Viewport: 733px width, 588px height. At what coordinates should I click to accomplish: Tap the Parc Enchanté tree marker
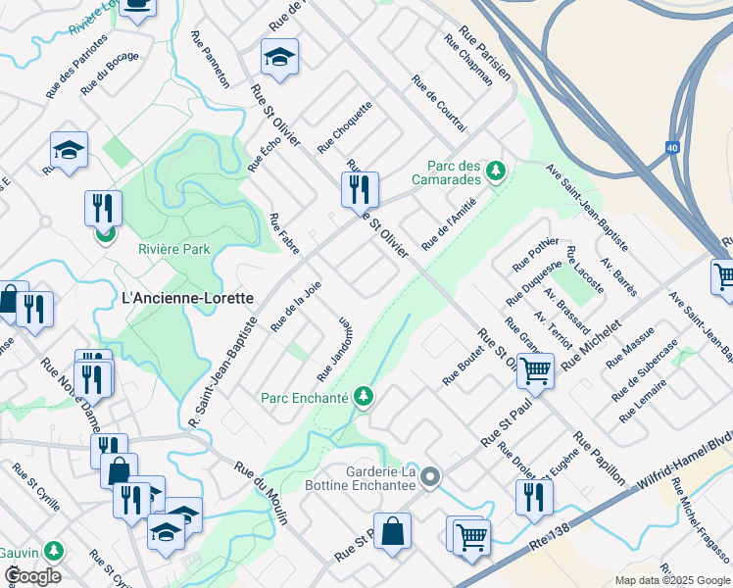tap(365, 397)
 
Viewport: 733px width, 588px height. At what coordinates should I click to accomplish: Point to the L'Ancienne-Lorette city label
tap(186, 297)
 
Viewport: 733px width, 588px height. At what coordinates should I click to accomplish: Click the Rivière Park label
tap(173, 249)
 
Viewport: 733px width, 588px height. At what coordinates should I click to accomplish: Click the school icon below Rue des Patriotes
tap(69, 151)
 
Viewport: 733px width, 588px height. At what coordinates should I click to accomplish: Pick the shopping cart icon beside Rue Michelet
tap(536, 370)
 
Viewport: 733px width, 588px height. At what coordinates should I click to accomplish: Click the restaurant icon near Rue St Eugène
tap(534, 497)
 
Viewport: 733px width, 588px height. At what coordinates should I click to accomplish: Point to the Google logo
tap(32, 576)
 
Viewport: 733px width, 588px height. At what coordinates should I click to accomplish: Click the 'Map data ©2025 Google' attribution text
tap(671, 580)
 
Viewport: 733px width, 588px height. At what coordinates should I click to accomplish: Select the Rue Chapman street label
tap(468, 61)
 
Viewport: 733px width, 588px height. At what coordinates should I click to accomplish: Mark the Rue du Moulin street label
tap(261, 493)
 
